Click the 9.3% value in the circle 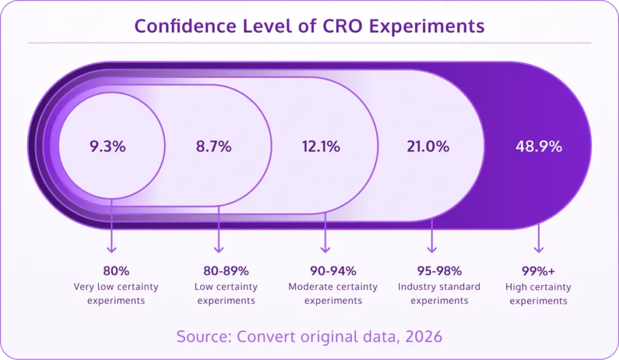[108, 146]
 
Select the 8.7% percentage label [213, 146]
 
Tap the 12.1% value [321, 146]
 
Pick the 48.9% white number [539, 146]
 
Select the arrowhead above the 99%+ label [539, 248]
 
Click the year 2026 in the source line [421, 336]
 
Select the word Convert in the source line [262, 336]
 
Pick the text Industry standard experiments [439, 294]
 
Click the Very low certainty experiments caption [116, 294]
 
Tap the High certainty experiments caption [538, 294]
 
